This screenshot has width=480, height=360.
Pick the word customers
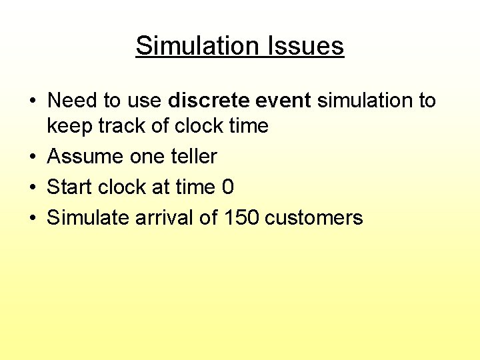(x=314, y=219)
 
